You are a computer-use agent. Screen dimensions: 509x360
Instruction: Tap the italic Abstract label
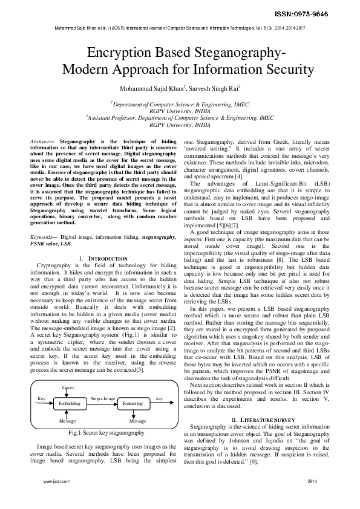pyautogui.click(x=40, y=141)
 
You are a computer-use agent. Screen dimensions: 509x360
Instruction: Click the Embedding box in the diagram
pyautogui.click(x=69, y=403)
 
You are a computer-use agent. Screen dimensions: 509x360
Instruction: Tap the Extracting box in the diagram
pyautogui.click(x=133, y=403)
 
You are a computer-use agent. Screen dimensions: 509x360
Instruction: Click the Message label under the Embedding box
pyautogui.click(x=67, y=420)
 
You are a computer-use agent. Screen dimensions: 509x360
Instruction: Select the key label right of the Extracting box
pyautogui.click(x=159, y=399)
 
